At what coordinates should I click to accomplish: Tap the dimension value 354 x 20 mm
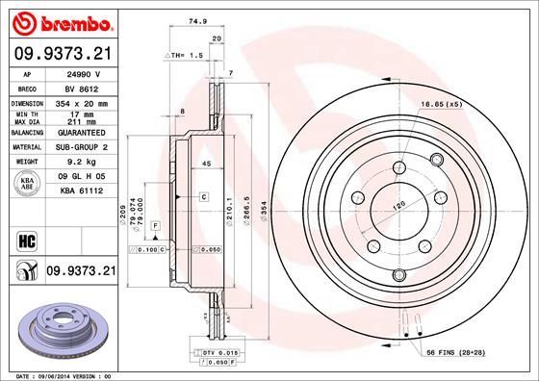(80, 101)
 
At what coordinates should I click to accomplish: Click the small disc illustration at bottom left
(58, 323)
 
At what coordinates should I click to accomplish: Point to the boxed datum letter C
(205, 196)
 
